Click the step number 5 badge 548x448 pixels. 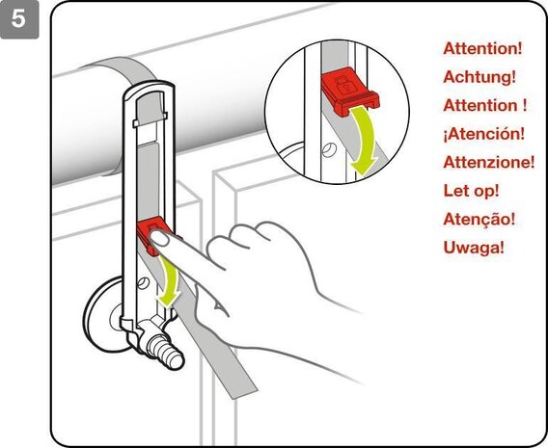coord(19,19)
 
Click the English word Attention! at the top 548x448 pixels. coord(482,48)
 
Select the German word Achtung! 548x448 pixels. coord(479,76)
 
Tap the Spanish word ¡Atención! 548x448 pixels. coord(484,134)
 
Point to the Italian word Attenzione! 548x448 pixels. coord(489,162)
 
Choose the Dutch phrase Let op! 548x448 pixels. coord(471,191)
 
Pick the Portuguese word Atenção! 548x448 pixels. coord(479,219)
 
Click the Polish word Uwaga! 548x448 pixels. coord(474,248)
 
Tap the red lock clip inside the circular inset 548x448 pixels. coord(349,92)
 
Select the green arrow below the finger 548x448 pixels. coord(169,281)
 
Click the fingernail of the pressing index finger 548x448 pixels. coord(160,238)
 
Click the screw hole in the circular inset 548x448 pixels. coord(329,149)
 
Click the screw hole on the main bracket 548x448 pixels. coord(144,282)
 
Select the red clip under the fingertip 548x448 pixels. coord(152,234)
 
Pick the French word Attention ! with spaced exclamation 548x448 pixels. coord(484,105)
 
